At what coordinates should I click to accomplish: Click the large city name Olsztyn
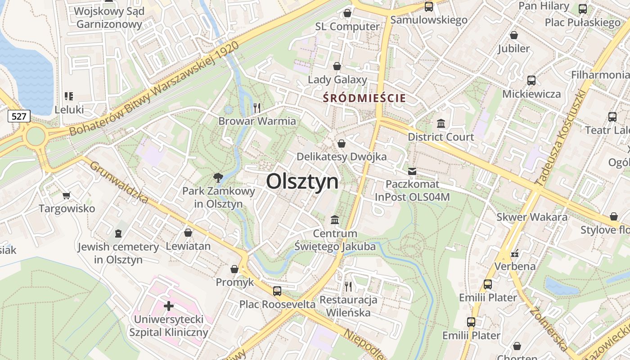coord(302,181)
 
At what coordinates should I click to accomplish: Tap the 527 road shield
coord(19,117)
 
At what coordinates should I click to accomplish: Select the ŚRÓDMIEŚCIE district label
coord(364,98)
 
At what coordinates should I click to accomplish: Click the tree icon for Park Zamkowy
coord(218,177)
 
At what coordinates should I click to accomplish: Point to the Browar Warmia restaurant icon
coord(257,108)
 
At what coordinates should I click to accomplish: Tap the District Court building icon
coord(441,123)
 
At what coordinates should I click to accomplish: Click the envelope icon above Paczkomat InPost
coord(412,171)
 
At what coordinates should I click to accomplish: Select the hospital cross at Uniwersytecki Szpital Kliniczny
coord(169,306)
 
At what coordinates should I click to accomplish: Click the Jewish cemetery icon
coord(118,233)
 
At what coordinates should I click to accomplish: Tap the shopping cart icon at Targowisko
coord(67,195)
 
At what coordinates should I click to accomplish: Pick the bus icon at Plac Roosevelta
coord(277,291)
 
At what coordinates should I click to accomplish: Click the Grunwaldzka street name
coord(119,181)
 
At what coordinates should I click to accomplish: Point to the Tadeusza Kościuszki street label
coord(560,138)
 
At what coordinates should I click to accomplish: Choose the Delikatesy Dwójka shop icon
coord(342,144)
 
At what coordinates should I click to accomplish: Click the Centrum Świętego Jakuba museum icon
coord(335,220)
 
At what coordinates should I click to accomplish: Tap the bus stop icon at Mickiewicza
coord(531,81)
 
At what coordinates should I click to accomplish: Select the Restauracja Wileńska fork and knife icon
coord(348,286)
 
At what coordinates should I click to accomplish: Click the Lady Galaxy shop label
coord(337,80)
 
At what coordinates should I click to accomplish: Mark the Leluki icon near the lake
coord(69,96)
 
